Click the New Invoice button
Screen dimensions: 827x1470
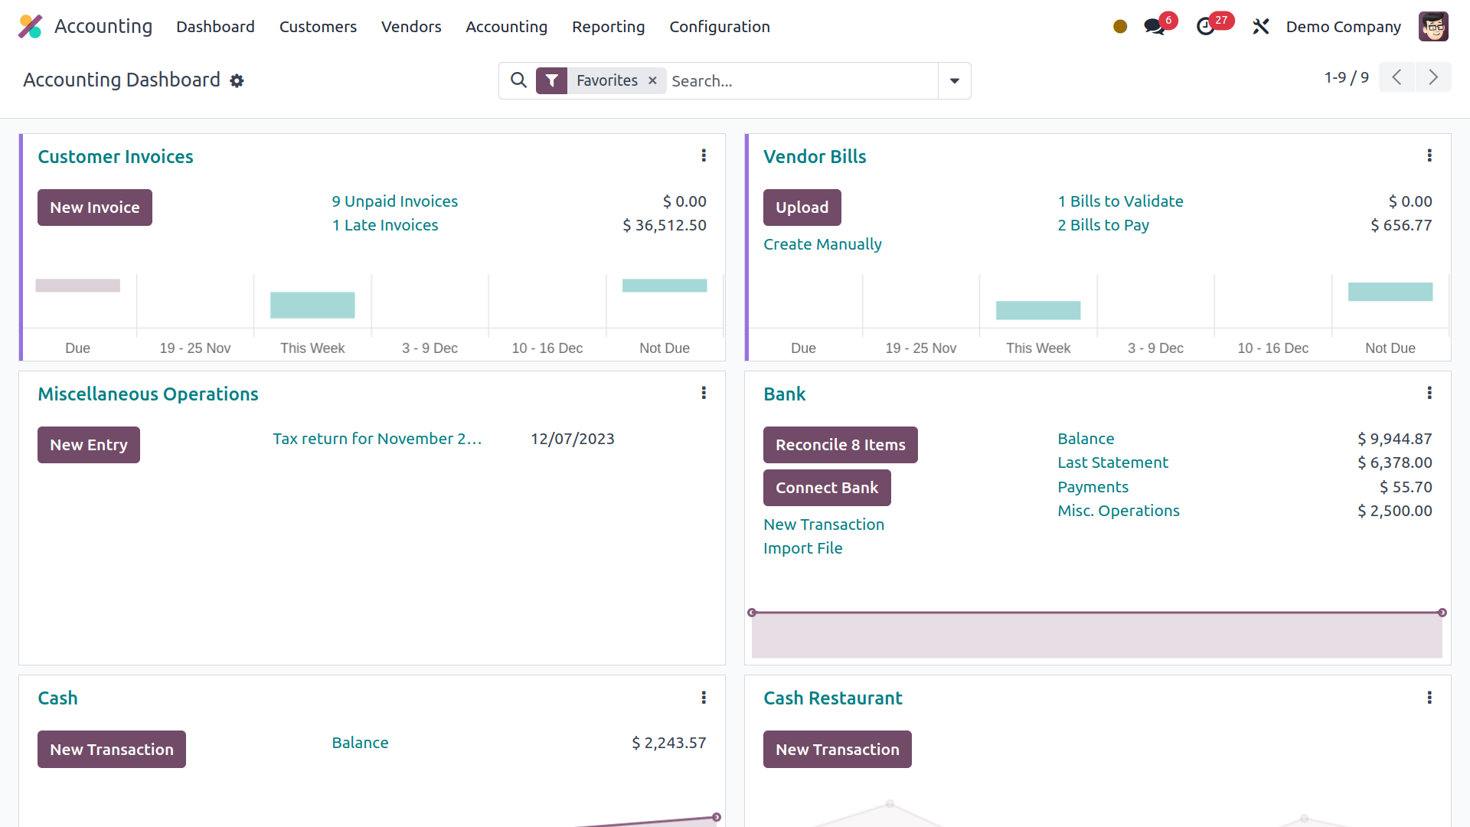point(95,208)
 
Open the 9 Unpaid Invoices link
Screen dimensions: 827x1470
point(394,201)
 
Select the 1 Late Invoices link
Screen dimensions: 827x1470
point(385,225)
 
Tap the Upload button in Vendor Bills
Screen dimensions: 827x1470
point(802,208)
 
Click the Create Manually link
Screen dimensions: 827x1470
point(822,244)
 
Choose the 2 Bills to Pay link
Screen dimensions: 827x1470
point(1103,225)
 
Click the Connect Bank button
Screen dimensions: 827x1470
point(827,488)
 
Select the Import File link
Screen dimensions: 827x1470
point(802,548)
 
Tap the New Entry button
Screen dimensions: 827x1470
point(89,445)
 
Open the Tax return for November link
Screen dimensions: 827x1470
point(377,439)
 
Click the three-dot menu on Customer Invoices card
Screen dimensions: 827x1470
point(704,156)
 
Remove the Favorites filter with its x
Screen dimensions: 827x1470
point(652,80)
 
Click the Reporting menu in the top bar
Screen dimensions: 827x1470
point(608,27)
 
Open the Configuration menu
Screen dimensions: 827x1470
point(720,27)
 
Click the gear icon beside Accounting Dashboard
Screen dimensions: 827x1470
point(237,80)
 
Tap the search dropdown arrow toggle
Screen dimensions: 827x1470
point(955,80)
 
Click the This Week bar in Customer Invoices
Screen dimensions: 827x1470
point(312,305)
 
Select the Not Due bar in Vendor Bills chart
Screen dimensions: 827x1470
point(1390,292)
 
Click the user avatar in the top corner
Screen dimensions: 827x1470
point(1433,27)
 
